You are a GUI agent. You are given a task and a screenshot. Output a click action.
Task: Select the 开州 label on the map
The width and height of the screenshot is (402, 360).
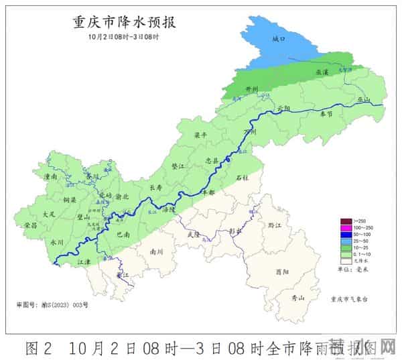point(253,88)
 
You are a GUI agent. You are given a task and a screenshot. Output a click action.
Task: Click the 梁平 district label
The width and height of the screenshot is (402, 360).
point(200,135)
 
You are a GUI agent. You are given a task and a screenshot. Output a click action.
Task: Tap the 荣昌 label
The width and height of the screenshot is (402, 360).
point(30,225)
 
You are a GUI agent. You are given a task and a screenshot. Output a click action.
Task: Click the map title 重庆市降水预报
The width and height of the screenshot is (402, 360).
point(123,22)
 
